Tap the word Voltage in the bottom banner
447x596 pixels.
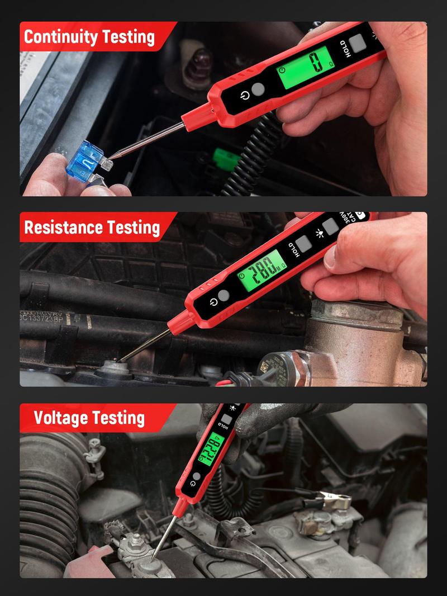coord(61,418)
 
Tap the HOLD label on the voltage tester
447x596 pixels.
coord(222,429)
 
